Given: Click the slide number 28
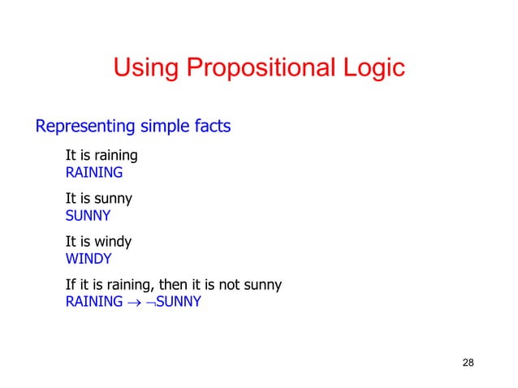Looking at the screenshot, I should click(468, 361).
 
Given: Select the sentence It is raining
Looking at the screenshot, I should click(101, 155).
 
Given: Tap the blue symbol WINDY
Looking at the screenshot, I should click(88, 260).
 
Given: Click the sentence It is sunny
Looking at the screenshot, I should click(99, 198).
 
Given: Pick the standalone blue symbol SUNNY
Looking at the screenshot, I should click(88, 216).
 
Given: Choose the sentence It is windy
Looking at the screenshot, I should click(98, 242).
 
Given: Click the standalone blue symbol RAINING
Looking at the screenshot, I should click(94, 172).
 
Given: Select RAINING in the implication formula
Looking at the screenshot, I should click(94, 304).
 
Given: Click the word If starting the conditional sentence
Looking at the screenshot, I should click(70, 285).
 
